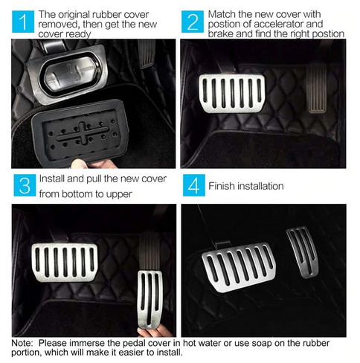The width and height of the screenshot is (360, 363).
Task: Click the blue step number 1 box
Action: [x=23, y=22]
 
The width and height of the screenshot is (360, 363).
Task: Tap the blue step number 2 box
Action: [x=193, y=22]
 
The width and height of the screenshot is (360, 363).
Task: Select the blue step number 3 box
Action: [x=25, y=185]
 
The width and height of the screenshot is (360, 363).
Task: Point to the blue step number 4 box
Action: [x=194, y=185]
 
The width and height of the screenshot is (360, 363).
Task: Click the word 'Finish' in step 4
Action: [x=221, y=186]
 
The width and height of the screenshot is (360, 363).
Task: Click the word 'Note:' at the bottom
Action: [x=22, y=343]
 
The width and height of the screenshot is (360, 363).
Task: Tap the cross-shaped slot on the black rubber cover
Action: [x=83, y=132]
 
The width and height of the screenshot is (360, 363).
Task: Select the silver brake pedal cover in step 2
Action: [x=232, y=93]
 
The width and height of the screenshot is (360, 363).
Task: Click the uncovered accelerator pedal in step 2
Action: [x=316, y=89]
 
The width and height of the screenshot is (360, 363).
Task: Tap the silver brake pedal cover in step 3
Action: [x=65, y=263]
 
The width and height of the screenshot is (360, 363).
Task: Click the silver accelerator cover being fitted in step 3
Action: [x=150, y=298]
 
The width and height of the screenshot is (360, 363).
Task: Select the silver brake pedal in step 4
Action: [x=240, y=267]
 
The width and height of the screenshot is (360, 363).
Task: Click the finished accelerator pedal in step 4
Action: [x=303, y=251]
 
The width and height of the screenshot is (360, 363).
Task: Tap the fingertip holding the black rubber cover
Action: [x=80, y=164]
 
